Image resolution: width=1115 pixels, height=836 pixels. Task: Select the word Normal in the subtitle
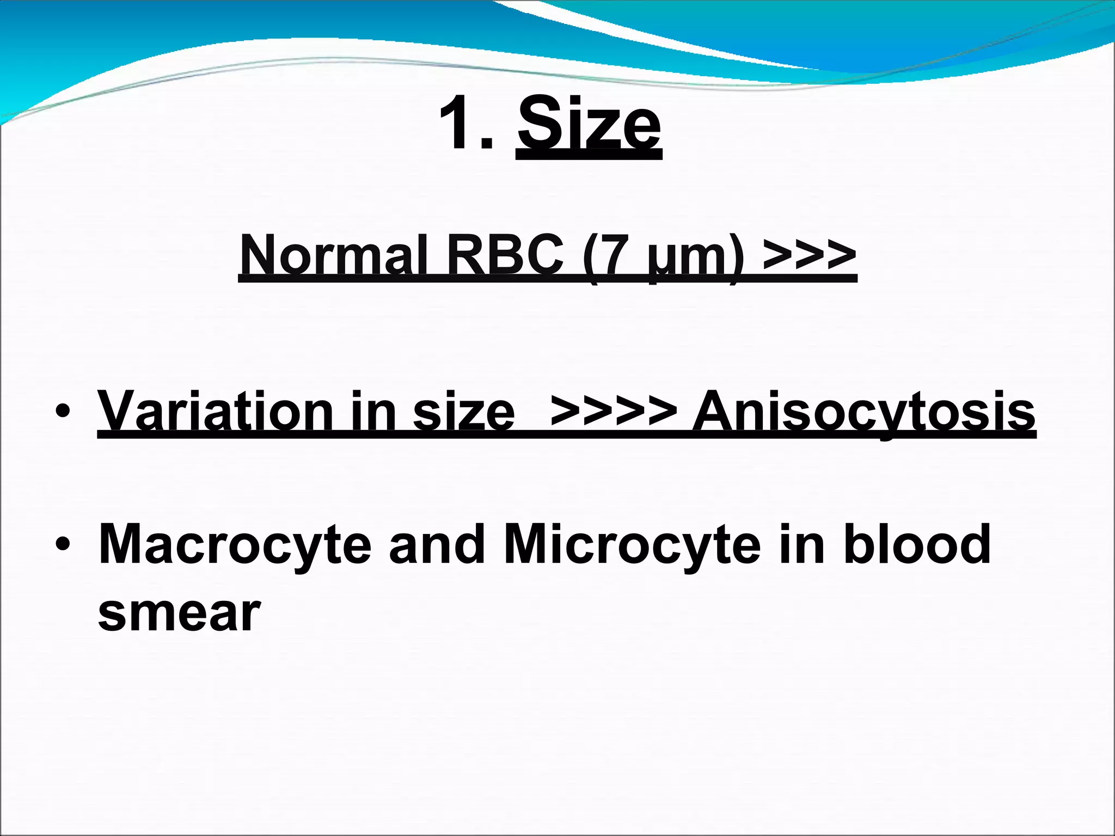point(333,255)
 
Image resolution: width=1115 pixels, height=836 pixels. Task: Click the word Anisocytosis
point(863,412)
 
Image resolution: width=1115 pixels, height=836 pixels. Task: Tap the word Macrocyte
point(234,544)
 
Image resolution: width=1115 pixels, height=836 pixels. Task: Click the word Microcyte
point(632,544)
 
